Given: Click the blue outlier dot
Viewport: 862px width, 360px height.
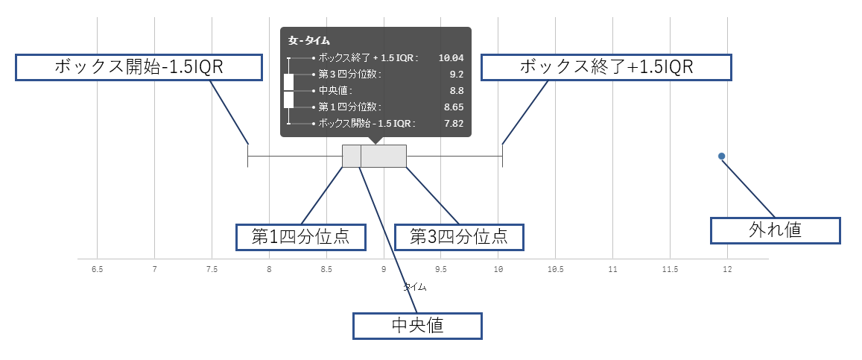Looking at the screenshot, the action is coord(722,156).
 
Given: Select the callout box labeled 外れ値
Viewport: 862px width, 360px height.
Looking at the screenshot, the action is coord(775,231).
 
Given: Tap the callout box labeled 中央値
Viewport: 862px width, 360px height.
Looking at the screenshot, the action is coord(417,326).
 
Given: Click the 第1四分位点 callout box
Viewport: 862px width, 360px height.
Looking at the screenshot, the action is coord(301,237).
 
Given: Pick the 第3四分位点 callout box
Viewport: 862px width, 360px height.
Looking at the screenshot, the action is coord(459,237).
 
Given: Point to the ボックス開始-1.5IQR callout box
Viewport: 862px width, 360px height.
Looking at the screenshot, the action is coord(138,67).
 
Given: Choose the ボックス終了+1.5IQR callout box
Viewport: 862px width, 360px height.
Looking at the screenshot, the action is coord(606,67).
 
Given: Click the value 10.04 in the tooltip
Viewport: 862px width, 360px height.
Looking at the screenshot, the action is coord(451,57).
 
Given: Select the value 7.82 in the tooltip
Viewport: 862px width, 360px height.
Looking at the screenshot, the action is coord(454,124).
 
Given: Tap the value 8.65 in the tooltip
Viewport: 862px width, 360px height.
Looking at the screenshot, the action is coord(454,107).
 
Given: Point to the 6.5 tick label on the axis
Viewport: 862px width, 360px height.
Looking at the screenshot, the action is coord(98,269).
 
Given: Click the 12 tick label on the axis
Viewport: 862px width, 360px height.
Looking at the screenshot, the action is coord(727,269).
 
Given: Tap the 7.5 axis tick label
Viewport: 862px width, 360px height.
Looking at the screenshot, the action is coord(212,269).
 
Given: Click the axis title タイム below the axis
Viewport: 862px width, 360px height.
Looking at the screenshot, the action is coord(415,287).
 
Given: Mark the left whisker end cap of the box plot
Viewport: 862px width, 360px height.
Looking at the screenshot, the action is coord(248,156).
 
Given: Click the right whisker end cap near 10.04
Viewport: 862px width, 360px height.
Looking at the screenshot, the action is coord(502,156).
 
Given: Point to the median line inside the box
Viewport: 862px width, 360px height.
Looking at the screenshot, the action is coord(361,156).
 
